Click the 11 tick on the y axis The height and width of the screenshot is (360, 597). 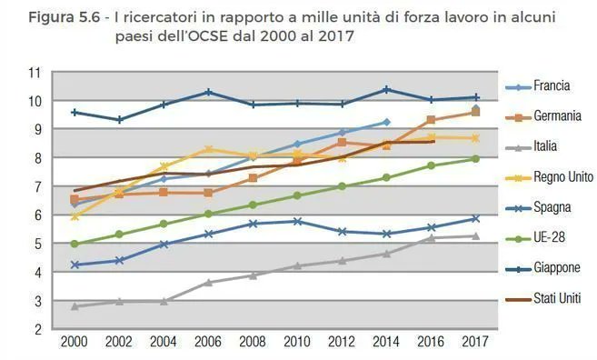tap(35, 73)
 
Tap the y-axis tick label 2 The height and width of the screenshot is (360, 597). tap(38, 329)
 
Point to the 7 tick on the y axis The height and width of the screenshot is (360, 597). tap(38, 186)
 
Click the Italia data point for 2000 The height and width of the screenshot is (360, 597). tap(75, 306)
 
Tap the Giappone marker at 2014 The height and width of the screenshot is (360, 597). tap(386, 89)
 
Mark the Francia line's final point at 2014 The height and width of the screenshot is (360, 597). tap(386, 122)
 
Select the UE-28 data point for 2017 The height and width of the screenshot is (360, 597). tap(475, 159)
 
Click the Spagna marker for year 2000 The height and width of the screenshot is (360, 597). tap(75, 265)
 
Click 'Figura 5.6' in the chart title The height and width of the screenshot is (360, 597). tap(59, 18)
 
